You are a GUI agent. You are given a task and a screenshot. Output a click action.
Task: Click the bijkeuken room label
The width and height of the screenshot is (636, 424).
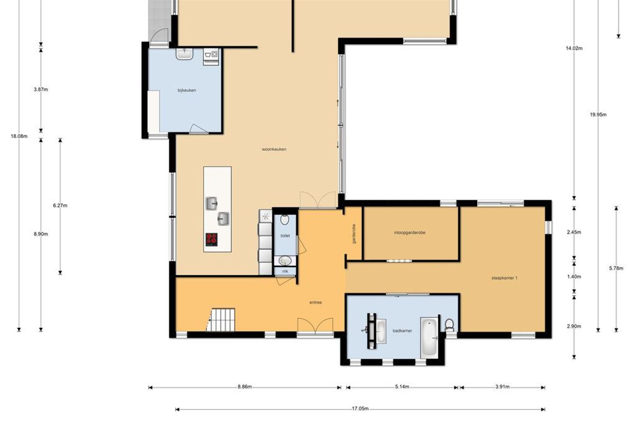(187, 90)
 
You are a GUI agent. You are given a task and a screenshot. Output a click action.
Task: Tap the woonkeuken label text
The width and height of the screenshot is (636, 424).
(274, 149)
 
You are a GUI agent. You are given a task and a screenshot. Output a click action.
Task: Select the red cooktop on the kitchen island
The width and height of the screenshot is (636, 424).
(211, 240)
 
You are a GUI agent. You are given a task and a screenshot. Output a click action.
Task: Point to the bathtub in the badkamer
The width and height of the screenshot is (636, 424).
(429, 337)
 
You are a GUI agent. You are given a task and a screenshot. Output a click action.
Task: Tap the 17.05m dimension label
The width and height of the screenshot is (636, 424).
(360, 409)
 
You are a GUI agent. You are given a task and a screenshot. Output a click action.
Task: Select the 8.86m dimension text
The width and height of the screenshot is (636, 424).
(245, 387)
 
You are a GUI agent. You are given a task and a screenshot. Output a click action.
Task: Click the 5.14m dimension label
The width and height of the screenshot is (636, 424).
(402, 387)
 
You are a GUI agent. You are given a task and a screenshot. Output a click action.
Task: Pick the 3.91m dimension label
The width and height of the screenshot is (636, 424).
(502, 387)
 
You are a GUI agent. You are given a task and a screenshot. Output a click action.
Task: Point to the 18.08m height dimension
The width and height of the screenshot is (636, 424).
(19, 136)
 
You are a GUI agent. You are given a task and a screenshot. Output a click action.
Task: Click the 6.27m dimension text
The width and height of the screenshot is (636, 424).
(60, 206)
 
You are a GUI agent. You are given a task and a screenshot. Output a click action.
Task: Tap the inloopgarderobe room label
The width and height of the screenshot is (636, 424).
(410, 233)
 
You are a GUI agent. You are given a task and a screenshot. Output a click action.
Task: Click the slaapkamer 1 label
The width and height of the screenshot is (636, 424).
(504, 278)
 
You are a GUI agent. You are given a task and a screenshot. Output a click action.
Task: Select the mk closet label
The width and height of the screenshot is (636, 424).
(285, 272)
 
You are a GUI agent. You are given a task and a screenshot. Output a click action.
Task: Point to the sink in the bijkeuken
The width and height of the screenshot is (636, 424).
(185, 54)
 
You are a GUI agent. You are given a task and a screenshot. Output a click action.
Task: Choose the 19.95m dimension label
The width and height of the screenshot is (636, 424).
(598, 115)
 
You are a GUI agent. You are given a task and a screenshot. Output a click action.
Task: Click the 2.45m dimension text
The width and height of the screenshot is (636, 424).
(574, 232)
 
